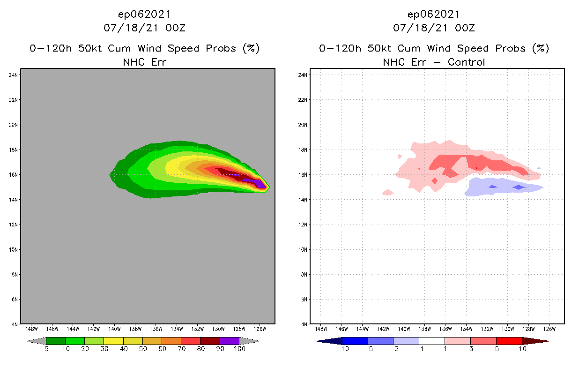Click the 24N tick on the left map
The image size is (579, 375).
tap(14, 75)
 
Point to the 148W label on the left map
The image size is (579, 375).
tap(31, 329)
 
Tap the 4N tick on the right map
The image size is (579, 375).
tap(304, 324)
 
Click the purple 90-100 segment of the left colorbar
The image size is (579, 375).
tap(230, 341)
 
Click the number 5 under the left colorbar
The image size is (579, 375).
tap(46, 349)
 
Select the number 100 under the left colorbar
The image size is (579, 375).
tap(239, 349)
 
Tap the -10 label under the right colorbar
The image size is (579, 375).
tap(342, 349)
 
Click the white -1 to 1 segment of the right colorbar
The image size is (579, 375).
tap(431, 341)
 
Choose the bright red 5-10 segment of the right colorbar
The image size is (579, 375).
tap(509, 341)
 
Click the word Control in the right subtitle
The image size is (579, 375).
tap(466, 62)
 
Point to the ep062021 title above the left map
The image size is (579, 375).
tap(144, 15)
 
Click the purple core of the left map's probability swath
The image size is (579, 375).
tap(255, 182)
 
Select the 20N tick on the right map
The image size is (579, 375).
tap(304, 125)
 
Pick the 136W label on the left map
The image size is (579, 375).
tap(156, 329)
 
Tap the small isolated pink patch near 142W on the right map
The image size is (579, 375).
tap(387, 192)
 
